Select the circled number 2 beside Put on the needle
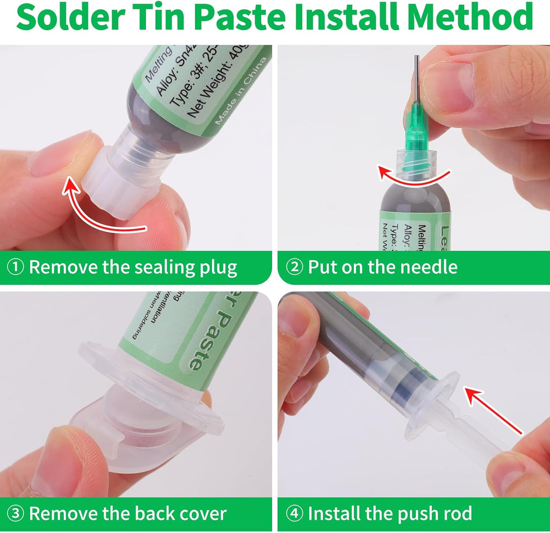click(x=294, y=267)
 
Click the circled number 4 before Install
click(x=294, y=513)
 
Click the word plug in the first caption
click(x=218, y=267)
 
